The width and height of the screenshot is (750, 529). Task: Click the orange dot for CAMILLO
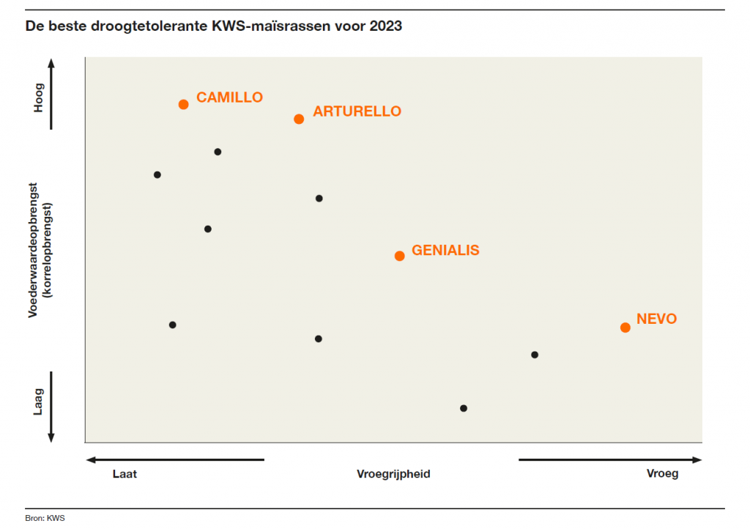pos(184,104)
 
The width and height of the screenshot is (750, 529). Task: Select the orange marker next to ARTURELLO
pos(299,119)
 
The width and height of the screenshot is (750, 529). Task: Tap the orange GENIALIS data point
pos(399,256)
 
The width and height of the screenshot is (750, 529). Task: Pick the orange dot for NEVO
pos(625,328)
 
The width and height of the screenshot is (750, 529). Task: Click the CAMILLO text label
pos(229,97)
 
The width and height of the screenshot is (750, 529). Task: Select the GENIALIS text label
pos(445,250)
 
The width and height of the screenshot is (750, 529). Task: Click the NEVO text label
pos(656,319)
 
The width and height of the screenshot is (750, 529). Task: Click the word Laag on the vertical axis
pos(39,402)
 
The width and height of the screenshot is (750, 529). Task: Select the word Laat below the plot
pos(125,473)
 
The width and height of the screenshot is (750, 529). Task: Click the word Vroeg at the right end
pos(662,473)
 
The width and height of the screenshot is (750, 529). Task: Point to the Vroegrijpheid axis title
pos(393,473)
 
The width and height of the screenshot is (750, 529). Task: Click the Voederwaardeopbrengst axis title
pos(33,249)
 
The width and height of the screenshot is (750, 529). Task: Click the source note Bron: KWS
pos(45,518)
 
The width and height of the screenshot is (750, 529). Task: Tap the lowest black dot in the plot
pos(463,408)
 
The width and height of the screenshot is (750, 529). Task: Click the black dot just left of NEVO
pos(534,355)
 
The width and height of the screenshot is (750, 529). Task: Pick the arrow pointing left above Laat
pos(92,460)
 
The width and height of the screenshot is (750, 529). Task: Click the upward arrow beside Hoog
pos(51,66)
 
